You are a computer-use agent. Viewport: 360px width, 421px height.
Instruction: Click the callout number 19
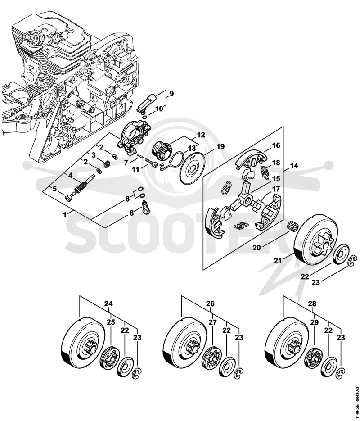[221, 147]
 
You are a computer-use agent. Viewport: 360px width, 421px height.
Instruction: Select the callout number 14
[294, 166]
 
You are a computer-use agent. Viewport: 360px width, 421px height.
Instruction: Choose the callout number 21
[278, 260]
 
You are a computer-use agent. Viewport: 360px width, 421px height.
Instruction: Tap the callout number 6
[131, 213]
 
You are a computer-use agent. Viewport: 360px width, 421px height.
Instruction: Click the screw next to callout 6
[145, 207]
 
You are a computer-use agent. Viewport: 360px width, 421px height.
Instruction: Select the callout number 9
[172, 94]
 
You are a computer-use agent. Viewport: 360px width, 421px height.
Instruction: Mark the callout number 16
[276, 145]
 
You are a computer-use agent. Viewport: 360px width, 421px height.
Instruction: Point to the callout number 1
[64, 215]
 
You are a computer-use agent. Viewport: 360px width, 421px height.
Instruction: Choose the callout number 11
[136, 169]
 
